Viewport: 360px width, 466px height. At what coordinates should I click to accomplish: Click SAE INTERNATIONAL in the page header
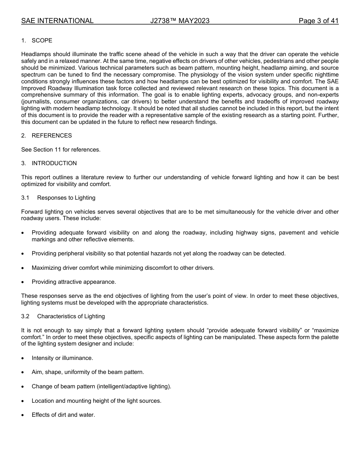pyautogui.click(x=57, y=21)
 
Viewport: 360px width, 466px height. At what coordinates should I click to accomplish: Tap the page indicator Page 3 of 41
pyautogui.click(x=318, y=21)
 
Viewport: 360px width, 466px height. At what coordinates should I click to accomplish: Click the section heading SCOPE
pyautogui.click(x=42, y=41)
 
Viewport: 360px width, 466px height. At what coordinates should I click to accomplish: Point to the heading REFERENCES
pyautogui.click(x=52, y=136)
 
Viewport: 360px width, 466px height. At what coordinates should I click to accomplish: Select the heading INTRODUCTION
pyautogui.click(x=54, y=163)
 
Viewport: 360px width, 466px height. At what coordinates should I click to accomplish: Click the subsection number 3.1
pyautogui.click(x=25, y=198)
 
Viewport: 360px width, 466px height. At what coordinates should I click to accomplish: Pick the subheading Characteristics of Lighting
pyautogui.click(x=71, y=316)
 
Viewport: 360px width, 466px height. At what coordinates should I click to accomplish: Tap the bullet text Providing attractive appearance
pyautogui.click(x=74, y=282)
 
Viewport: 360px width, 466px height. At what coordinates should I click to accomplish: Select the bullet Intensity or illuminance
pyautogui.click(x=62, y=358)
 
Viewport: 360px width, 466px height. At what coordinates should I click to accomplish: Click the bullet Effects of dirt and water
pyautogui.click(x=63, y=415)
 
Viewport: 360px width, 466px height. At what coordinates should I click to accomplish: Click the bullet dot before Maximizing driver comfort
pyautogui.click(x=23, y=268)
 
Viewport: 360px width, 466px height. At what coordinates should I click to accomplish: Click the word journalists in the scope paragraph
pyautogui.click(x=37, y=102)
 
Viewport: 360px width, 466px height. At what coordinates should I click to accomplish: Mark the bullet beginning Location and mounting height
pyautogui.click(x=96, y=401)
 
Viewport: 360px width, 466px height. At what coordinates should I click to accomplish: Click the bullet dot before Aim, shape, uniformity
pyautogui.click(x=23, y=372)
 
